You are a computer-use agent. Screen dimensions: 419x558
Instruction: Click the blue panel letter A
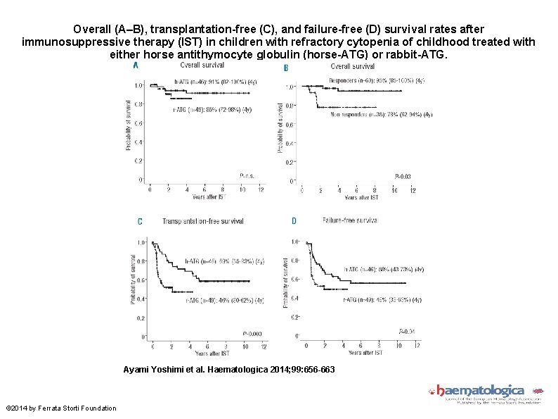(x=136, y=65)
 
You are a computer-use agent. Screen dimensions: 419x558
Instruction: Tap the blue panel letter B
(x=285, y=68)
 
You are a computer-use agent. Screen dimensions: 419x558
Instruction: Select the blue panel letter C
(x=140, y=221)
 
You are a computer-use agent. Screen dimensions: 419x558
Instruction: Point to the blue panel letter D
(x=294, y=221)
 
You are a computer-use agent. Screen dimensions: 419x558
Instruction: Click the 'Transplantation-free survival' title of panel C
(x=203, y=221)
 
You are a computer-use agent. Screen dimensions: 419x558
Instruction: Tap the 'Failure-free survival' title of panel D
(x=350, y=220)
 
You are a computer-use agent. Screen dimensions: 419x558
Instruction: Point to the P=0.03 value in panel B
(x=403, y=175)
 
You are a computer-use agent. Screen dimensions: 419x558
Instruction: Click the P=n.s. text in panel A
(x=247, y=176)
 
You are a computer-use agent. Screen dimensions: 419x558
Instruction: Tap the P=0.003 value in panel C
(x=252, y=333)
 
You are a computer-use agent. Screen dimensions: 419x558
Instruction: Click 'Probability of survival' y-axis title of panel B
(x=281, y=127)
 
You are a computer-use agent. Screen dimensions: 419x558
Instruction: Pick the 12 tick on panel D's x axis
(x=417, y=344)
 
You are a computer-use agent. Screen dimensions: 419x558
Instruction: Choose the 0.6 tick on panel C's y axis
(x=142, y=280)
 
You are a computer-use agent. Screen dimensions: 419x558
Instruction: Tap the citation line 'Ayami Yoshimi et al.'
(x=229, y=369)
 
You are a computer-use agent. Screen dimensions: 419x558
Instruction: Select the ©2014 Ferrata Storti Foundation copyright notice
(x=61, y=408)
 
